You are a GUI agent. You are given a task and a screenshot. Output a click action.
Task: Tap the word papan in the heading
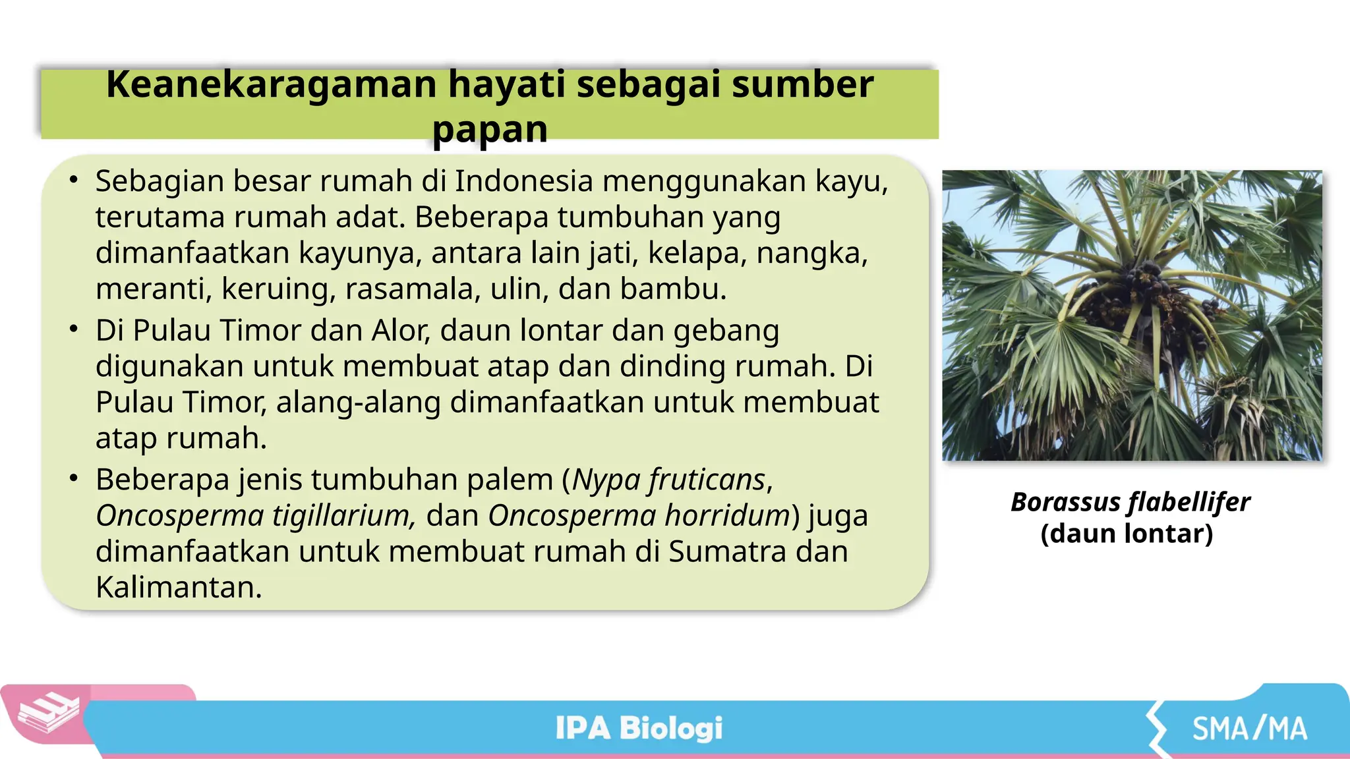(490, 129)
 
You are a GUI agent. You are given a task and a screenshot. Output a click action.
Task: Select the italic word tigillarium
(344, 515)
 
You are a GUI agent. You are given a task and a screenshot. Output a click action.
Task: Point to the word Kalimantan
(179, 587)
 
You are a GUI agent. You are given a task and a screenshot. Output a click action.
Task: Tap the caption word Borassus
(1065, 503)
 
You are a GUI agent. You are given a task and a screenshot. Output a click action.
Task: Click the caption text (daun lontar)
(1127, 534)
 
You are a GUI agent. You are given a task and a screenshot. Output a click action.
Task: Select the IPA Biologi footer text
(639, 728)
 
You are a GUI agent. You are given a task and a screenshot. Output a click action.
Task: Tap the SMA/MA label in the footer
(1249, 729)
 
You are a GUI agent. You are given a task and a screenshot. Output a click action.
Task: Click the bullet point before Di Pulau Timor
(74, 329)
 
